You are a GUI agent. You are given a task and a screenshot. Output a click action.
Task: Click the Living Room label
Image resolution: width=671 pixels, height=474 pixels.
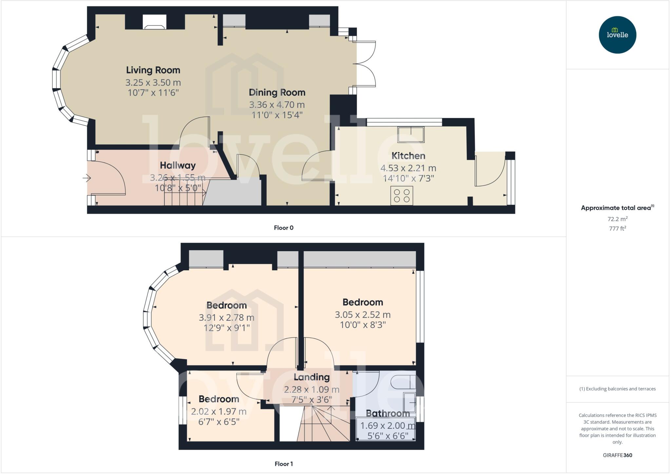point(153,70)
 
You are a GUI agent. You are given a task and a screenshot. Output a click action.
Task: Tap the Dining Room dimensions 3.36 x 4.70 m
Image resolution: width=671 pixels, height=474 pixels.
point(277,105)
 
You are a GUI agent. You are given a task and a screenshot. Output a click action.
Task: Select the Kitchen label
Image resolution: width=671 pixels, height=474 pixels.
point(408,156)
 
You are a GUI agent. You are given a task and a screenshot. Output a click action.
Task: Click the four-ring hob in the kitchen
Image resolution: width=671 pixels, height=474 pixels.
point(402,196)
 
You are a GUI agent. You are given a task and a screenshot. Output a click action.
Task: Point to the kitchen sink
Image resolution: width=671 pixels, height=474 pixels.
point(411,135)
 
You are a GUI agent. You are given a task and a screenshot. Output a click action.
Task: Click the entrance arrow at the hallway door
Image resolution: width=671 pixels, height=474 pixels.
point(86,178)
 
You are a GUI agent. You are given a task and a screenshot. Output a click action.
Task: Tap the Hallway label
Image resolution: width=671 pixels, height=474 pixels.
point(178,165)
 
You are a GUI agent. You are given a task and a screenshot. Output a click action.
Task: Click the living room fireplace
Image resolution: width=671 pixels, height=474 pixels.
point(154,23)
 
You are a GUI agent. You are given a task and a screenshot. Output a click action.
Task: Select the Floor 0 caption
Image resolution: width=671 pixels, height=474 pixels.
point(283,228)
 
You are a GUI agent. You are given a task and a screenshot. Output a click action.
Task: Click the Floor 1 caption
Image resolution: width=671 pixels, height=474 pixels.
point(283,464)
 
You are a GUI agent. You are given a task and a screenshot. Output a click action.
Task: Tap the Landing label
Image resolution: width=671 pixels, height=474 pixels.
point(311,377)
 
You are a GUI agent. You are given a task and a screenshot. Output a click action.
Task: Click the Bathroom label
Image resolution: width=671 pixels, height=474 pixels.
point(388,413)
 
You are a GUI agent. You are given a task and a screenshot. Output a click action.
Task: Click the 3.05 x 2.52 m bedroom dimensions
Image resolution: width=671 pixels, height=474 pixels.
point(362,315)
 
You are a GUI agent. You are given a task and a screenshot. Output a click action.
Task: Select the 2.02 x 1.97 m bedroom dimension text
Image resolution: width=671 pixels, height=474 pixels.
point(219,411)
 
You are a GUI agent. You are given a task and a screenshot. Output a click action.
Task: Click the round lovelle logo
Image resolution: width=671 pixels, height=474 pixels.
point(617,35)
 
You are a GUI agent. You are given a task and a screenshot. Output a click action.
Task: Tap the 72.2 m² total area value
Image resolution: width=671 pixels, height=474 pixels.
point(617,219)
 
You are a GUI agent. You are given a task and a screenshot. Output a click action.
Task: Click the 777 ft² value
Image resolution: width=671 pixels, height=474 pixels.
point(617,229)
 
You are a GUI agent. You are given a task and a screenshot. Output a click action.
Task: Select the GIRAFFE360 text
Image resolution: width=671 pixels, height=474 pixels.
point(617,455)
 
